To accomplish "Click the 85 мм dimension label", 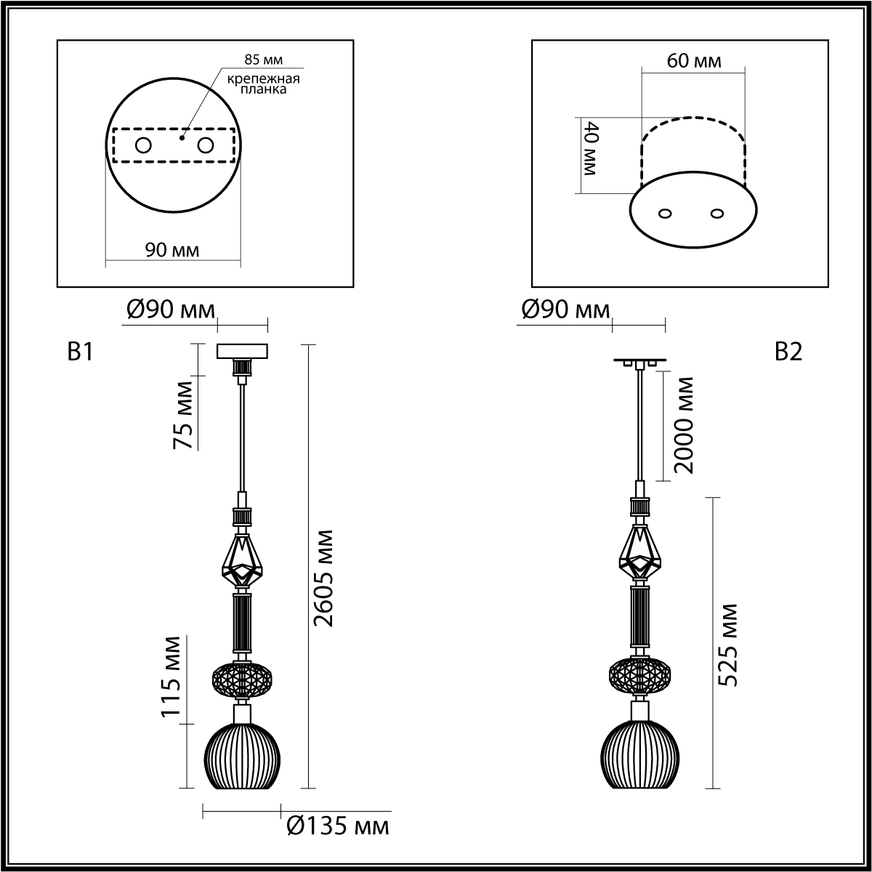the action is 263,60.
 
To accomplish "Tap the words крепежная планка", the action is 263,84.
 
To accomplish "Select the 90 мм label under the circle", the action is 172,250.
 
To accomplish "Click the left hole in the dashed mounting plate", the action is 143,146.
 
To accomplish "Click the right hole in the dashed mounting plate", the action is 205,146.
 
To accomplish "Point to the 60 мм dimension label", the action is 694,60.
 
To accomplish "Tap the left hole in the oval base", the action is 665,214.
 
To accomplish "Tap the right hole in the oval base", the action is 716,213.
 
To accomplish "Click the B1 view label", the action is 80,352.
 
